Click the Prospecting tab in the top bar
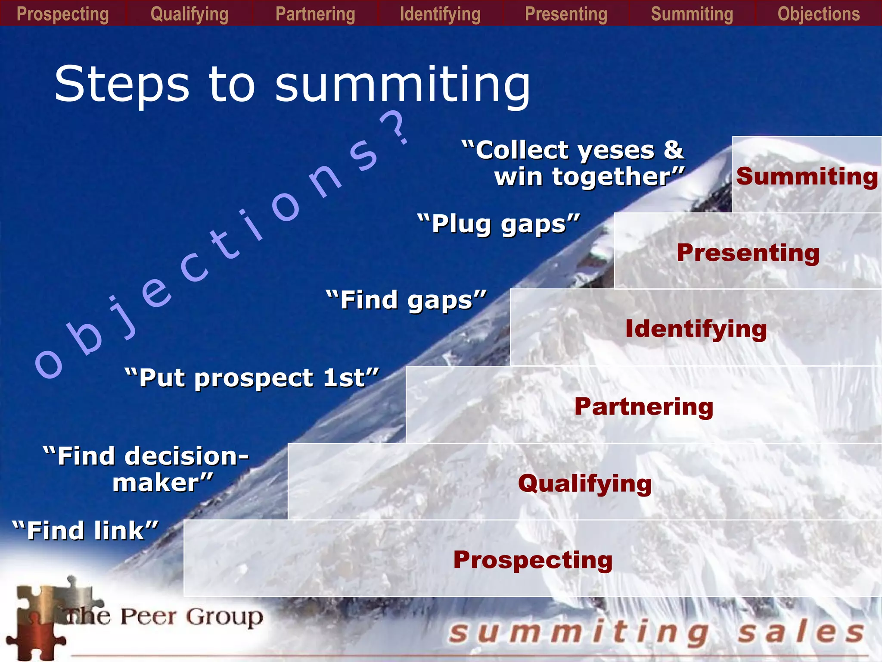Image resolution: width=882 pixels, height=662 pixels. click(62, 14)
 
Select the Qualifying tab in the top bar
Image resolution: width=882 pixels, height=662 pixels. click(189, 14)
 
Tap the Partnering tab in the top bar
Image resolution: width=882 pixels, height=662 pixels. click(315, 14)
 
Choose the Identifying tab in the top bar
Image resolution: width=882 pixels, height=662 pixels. click(440, 14)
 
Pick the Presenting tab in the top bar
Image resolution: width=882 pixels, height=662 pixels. click(566, 14)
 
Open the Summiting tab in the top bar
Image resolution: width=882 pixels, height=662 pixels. click(692, 14)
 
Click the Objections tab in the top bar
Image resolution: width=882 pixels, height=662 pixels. click(819, 14)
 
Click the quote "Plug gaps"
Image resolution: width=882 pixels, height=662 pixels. click(499, 224)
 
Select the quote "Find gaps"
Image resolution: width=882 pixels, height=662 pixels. click(406, 300)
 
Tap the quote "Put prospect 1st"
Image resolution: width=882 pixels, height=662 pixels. click(252, 378)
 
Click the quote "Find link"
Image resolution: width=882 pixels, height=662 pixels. click(85, 531)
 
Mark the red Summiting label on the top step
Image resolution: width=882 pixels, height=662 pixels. click(807, 177)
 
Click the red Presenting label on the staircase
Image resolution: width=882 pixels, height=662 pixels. click(748, 253)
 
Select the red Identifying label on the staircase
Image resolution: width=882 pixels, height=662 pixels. click(696, 329)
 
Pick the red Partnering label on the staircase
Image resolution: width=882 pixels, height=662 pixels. click(644, 406)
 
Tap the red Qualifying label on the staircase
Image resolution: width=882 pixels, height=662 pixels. click(585, 484)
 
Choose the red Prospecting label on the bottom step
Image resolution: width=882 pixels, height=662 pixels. click(533, 560)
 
